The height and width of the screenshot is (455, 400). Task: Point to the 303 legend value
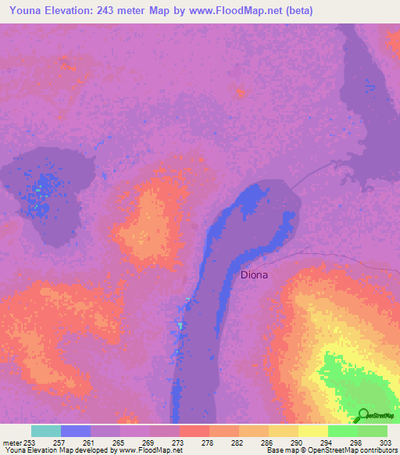387,442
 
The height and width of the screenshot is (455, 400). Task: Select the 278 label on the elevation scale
209,442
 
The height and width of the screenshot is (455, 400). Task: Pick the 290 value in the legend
298,442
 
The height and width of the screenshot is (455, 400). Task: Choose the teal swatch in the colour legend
46,431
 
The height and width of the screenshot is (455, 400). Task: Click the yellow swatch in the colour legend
312,431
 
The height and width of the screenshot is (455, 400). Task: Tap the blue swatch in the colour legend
76,431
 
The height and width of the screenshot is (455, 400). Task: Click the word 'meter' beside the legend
11,442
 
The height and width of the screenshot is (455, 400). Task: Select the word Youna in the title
22,10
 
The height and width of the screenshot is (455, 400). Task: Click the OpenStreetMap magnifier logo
362,415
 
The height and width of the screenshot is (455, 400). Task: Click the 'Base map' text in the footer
281,450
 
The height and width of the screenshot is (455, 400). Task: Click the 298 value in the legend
357,442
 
